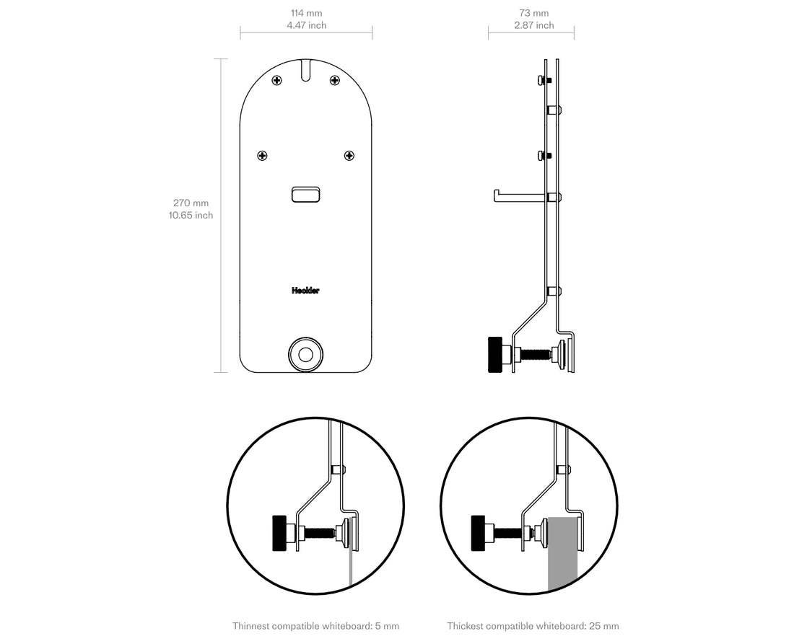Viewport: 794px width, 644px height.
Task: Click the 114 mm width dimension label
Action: pyautogui.click(x=306, y=13)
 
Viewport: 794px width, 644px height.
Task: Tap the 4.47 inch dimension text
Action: pyautogui.click(x=306, y=25)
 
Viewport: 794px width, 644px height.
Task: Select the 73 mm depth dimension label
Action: pyautogui.click(x=533, y=13)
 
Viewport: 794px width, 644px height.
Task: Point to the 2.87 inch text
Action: pyautogui.click(x=533, y=25)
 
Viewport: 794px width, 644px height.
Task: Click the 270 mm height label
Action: pyautogui.click(x=191, y=203)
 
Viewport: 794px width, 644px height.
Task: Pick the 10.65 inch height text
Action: pyautogui.click(x=191, y=215)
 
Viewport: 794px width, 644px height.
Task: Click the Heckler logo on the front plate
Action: pyautogui.click(x=305, y=291)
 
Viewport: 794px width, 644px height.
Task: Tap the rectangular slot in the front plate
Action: pyautogui.click(x=306, y=195)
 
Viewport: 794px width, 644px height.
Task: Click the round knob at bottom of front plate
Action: pyautogui.click(x=305, y=354)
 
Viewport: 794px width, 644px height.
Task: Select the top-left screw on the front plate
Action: pyautogui.click(x=276, y=80)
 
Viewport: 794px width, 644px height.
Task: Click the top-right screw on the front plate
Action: pyautogui.click(x=334, y=80)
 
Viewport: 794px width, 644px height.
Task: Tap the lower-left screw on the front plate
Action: pyautogui.click(x=263, y=155)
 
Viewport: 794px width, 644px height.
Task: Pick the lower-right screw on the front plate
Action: pyautogui.click(x=349, y=155)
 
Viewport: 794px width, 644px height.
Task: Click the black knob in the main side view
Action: pyautogui.click(x=495, y=355)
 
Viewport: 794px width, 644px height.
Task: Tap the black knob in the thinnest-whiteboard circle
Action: pyautogui.click(x=279, y=534)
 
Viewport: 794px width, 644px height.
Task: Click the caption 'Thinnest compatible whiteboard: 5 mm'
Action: pyautogui.click(x=315, y=626)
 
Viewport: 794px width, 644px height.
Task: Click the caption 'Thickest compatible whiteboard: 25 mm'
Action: pyautogui.click(x=533, y=626)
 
